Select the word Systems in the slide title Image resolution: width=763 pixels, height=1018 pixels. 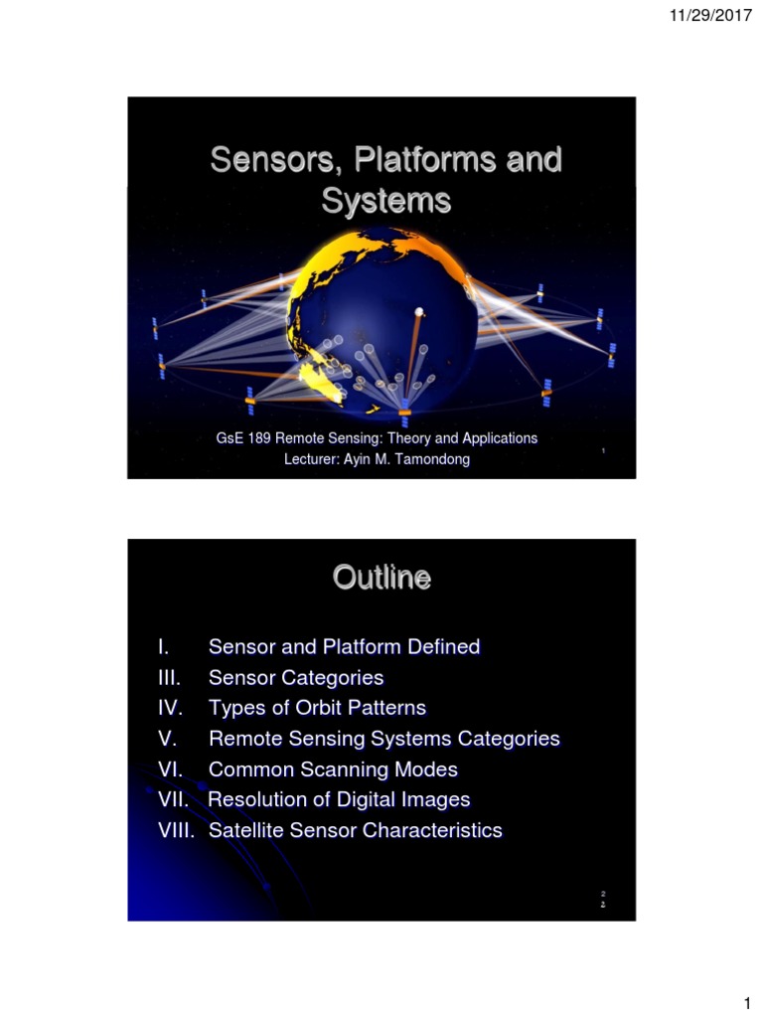385,201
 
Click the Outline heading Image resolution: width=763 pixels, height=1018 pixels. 381,578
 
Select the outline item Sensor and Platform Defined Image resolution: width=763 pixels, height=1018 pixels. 344,647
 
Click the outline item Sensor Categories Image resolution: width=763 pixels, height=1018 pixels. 295,678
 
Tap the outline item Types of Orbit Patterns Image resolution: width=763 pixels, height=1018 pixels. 317,709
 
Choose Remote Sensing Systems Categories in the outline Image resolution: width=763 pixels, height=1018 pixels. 383,740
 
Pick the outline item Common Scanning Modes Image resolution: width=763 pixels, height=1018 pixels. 333,769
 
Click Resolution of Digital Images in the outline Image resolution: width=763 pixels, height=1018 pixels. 339,800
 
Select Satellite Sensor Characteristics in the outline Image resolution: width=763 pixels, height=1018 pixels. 355,831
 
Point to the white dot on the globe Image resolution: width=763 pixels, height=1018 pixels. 419,312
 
